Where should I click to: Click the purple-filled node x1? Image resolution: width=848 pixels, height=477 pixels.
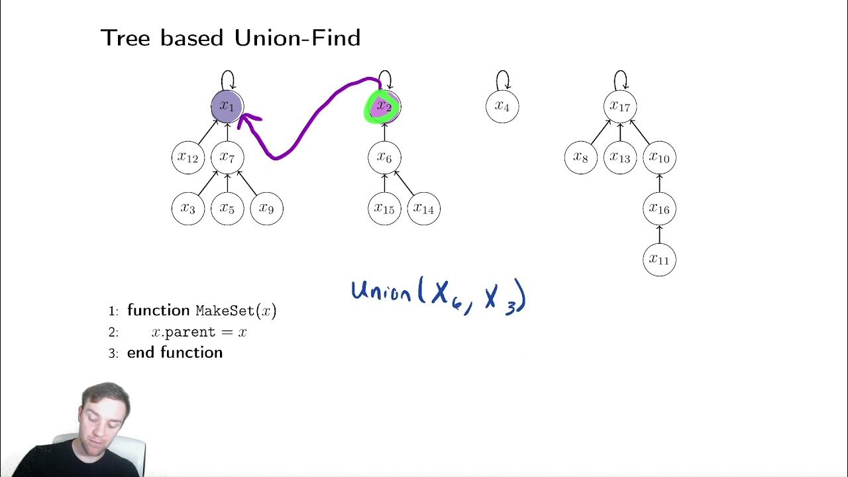click(x=227, y=107)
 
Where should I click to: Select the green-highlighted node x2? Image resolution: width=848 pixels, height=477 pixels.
click(x=384, y=107)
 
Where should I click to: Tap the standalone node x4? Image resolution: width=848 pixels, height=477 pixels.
click(x=502, y=107)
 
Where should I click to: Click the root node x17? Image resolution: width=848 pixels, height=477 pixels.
click(x=620, y=107)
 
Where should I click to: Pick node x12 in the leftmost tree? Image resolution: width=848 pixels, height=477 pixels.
click(x=188, y=158)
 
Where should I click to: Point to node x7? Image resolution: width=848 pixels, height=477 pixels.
click(x=227, y=158)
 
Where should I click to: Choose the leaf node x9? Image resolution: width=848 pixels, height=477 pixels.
click(x=266, y=209)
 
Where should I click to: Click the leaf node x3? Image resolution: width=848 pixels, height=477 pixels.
click(x=188, y=209)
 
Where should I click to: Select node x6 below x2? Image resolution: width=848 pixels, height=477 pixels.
click(x=384, y=158)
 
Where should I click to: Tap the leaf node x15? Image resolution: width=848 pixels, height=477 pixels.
click(x=384, y=209)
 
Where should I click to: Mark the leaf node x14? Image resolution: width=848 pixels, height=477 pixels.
click(x=423, y=209)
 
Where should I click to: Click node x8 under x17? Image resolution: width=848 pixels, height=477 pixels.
click(x=581, y=158)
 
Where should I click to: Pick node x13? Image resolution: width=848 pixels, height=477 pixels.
click(x=620, y=158)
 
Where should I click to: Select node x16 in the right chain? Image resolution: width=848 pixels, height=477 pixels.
click(x=659, y=209)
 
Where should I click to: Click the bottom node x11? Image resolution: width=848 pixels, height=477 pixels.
click(x=659, y=260)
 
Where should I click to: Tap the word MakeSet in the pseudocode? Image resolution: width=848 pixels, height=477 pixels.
click(x=225, y=311)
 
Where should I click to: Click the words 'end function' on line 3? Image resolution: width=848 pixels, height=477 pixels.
click(x=175, y=352)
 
